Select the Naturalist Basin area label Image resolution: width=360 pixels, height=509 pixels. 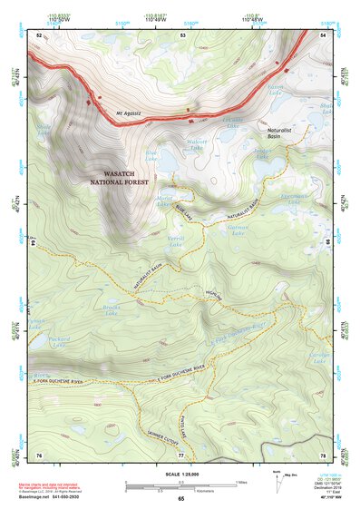coord(277,133)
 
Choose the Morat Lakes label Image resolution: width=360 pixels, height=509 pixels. coord(164,202)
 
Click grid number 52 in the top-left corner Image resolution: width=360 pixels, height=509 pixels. coord(39,34)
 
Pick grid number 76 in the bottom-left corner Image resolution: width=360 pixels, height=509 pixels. coord(39,453)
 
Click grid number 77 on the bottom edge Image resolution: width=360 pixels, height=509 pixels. coord(180,453)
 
